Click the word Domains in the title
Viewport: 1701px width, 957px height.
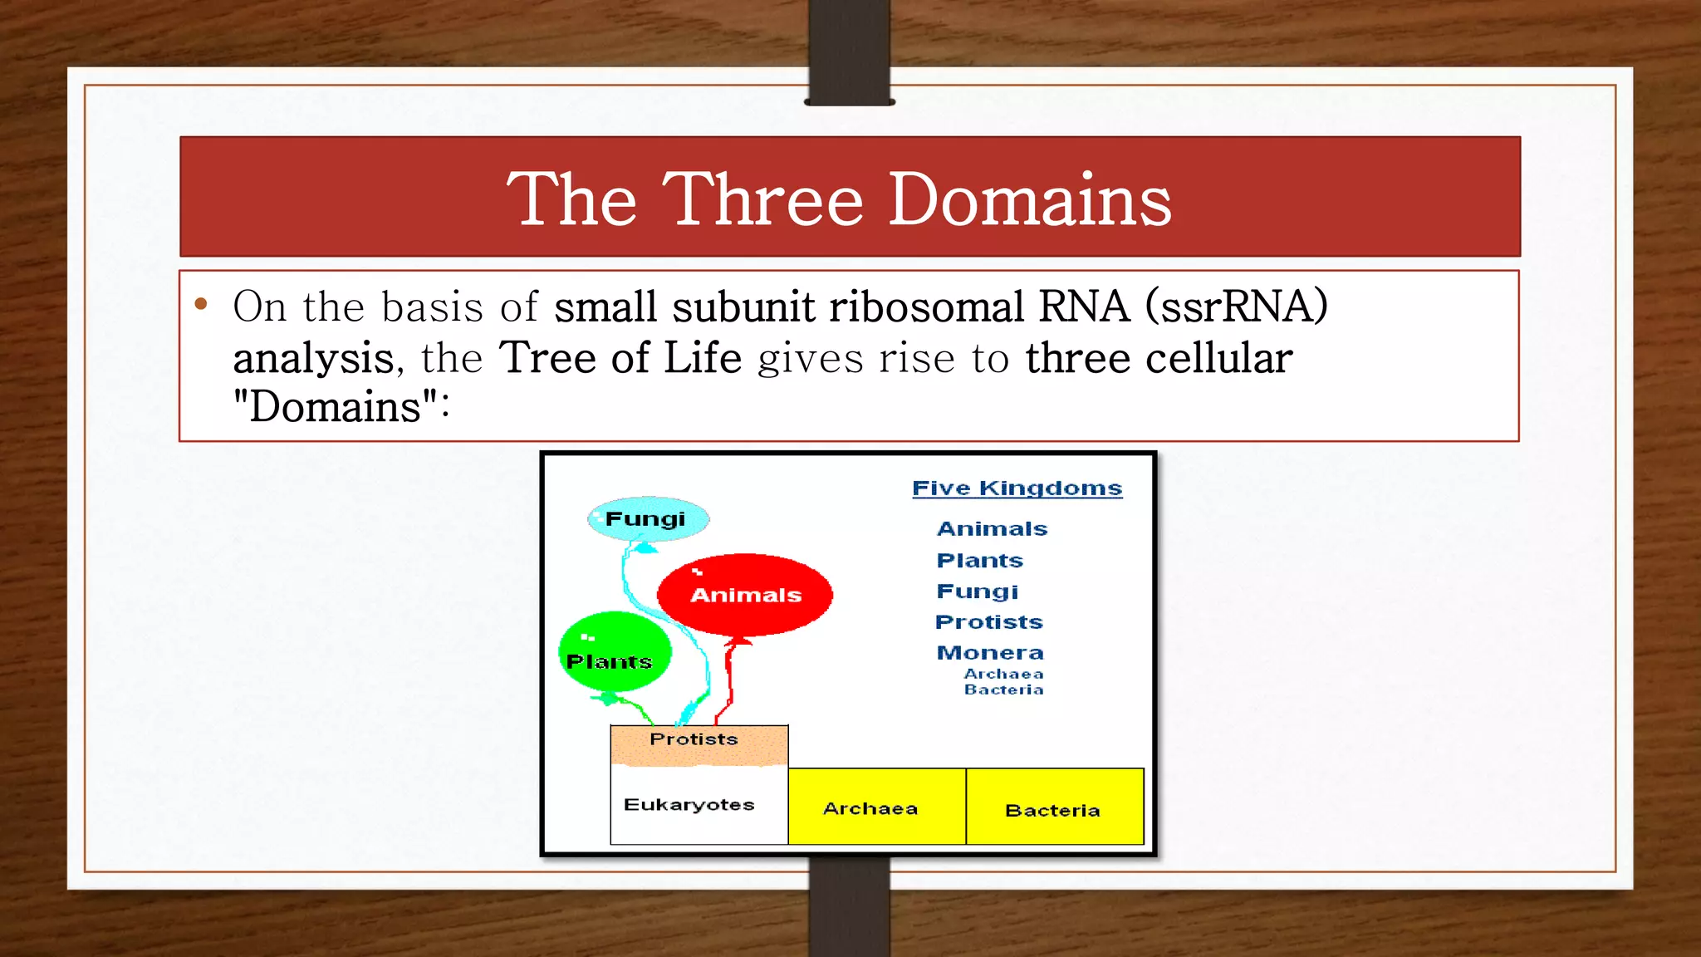(x=1030, y=200)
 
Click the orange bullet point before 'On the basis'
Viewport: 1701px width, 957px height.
(x=200, y=305)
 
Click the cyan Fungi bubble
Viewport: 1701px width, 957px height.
(x=648, y=519)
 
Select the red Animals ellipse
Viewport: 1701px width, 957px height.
(x=745, y=595)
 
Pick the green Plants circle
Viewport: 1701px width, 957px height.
(x=614, y=653)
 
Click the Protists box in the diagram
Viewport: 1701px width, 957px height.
(x=698, y=743)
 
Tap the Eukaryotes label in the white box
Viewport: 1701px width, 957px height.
(x=689, y=804)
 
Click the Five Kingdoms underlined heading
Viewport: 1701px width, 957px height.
(x=1017, y=488)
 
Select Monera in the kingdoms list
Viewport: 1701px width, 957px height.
(x=990, y=653)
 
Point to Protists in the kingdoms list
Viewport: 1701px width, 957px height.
(x=988, y=622)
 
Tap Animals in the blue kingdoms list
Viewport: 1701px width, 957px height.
(x=992, y=529)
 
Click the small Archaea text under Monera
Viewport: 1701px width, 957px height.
(x=1003, y=674)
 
